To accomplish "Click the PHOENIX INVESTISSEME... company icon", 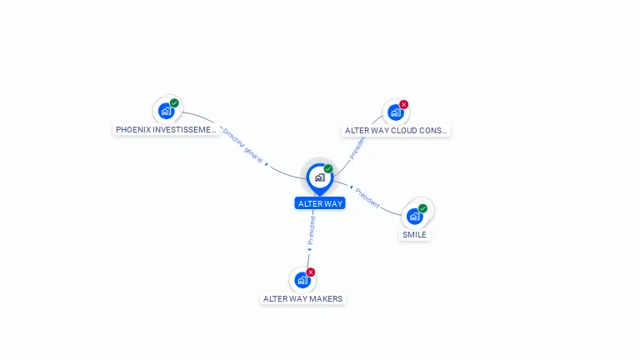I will pos(167,110).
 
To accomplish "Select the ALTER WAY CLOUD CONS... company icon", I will pos(396,112).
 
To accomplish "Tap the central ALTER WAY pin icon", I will pos(319,177).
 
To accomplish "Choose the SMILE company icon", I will pos(415,216).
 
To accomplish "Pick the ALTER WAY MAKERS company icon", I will pos(302,280).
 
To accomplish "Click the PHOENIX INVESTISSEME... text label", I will pos(166,130).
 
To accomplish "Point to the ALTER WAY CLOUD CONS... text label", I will pos(397,131).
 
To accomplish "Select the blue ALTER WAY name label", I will pos(319,203).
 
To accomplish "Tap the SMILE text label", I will pos(414,235).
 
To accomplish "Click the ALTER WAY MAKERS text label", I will pos(302,299).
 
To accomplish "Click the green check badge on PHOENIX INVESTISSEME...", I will pos(174,102).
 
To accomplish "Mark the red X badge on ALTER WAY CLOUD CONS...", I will pos(404,104).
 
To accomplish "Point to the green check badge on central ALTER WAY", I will pos(328,169).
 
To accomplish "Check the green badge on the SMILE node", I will pos(422,208).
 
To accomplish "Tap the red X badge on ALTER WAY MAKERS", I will pos(311,272).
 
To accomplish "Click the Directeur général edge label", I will pos(242,147).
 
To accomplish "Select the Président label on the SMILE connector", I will pos(367,198).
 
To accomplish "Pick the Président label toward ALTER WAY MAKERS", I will pos(312,231).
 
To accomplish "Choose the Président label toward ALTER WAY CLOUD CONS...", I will pos(357,147).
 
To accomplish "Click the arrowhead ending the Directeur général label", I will pos(267,165).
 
